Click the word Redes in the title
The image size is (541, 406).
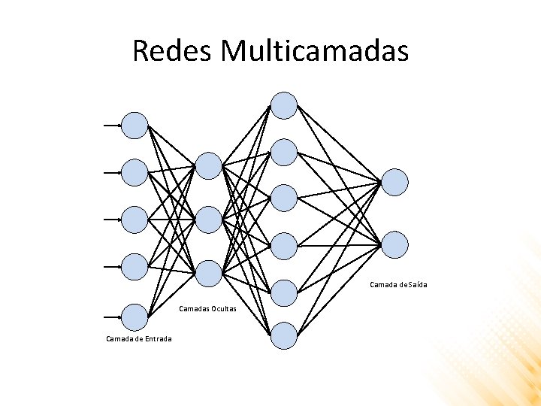(172, 51)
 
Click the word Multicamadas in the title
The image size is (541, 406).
(316, 51)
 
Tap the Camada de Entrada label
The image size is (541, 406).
(138, 339)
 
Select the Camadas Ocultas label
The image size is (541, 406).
(208, 309)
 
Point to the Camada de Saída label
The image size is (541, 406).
(398, 285)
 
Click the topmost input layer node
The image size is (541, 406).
(135, 126)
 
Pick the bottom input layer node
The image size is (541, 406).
(135, 317)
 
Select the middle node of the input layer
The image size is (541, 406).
(135, 220)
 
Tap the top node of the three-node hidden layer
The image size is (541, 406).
(209, 165)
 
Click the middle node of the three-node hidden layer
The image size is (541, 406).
(209, 220)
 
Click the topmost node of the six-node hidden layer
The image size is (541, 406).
(284, 105)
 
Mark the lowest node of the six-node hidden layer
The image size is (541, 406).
(284, 335)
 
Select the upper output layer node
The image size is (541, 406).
(395, 182)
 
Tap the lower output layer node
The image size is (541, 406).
(395, 245)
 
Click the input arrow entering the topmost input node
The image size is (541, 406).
(113, 126)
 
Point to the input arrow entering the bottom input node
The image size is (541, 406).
(113, 317)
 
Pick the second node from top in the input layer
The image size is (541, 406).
(135, 172)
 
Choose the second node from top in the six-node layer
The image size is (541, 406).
(284, 153)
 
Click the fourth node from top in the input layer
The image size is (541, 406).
(135, 266)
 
